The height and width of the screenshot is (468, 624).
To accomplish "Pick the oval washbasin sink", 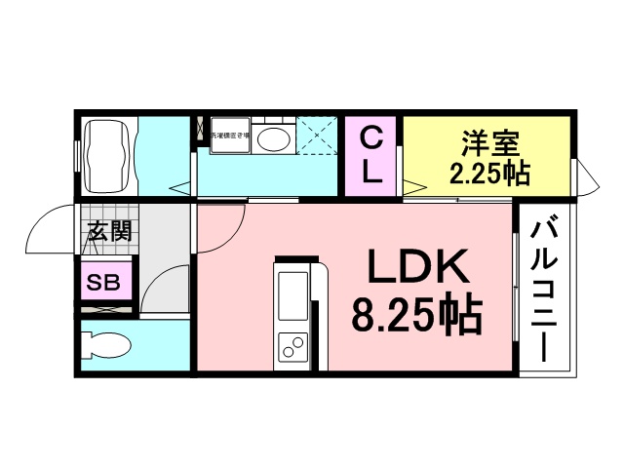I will click(274, 138).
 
